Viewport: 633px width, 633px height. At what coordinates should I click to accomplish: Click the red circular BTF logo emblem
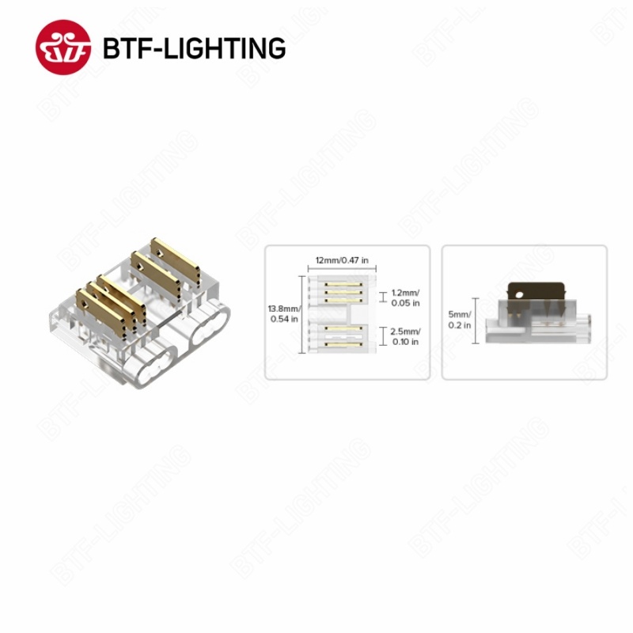click(x=63, y=47)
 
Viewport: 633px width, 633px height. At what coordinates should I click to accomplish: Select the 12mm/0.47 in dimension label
click(x=342, y=260)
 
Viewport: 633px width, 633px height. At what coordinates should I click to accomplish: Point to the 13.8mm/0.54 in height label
click(x=284, y=313)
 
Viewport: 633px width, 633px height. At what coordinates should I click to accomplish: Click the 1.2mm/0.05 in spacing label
click(x=405, y=298)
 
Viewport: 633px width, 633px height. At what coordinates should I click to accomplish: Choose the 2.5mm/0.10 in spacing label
click(x=405, y=336)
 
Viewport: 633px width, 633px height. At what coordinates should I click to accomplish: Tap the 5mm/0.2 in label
click(x=460, y=320)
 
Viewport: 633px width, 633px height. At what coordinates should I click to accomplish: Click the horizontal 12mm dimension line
click(x=342, y=268)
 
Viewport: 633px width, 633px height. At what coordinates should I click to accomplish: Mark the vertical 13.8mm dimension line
click(x=302, y=314)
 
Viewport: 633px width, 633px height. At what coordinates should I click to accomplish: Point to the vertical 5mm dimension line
click(x=476, y=321)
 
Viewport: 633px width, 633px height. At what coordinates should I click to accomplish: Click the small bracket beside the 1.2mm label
click(x=384, y=298)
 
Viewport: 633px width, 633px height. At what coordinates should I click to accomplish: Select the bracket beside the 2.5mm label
click(x=384, y=335)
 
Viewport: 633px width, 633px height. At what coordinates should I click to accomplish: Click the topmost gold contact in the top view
click(x=343, y=284)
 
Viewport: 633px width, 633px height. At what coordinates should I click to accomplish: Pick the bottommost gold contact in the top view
click(x=343, y=344)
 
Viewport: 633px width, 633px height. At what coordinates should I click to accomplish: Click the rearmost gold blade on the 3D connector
click(x=176, y=262)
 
